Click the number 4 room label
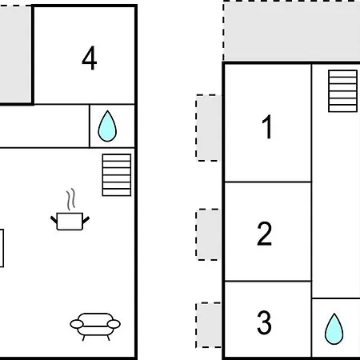(x=90, y=58)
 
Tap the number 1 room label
(x=267, y=126)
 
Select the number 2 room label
(x=265, y=234)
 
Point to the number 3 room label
(x=264, y=322)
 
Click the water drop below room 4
(x=107, y=126)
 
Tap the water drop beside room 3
(x=334, y=329)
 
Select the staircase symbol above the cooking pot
(x=117, y=175)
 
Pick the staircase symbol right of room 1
(x=342, y=91)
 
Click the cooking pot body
(x=70, y=222)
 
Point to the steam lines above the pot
(x=70, y=199)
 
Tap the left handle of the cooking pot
(x=54, y=220)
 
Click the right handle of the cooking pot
(x=86, y=220)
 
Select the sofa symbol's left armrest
(x=77, y=324)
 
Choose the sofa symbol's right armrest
(x=114, y=324)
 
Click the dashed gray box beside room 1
(x=209, y=128)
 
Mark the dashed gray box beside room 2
(x=209, y=234)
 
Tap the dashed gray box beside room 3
(x=209, y=325)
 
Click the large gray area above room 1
(x=292, y=31)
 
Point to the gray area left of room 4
(x=15, y=54)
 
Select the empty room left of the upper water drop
(x=44, y=126)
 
